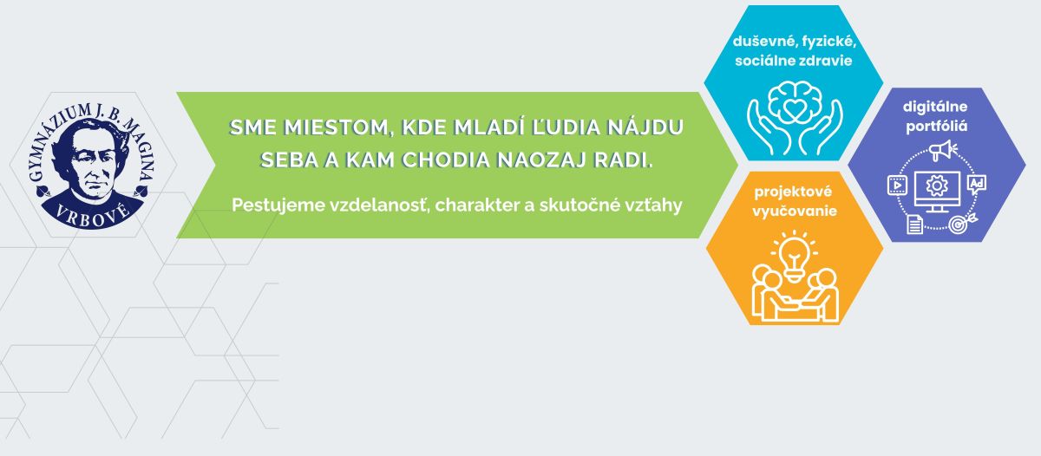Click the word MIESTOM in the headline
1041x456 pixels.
click(335, 127)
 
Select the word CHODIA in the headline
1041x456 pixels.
click(446, 160)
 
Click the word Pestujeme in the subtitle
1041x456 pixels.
click(278, 205)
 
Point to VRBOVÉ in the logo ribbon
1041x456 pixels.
click(93, 218)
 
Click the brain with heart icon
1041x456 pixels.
click(794, 100)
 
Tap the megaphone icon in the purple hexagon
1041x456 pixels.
click(942, 151)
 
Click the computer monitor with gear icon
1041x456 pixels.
click(937, 192)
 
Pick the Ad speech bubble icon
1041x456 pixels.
click(977, 185)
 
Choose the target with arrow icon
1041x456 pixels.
click(962, 224)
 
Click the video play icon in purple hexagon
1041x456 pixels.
click(897, 186)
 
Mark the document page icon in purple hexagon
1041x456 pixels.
click(914, 225)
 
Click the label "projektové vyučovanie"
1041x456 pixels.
click(794, 201)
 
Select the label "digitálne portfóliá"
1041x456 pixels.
click(935, 116)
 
